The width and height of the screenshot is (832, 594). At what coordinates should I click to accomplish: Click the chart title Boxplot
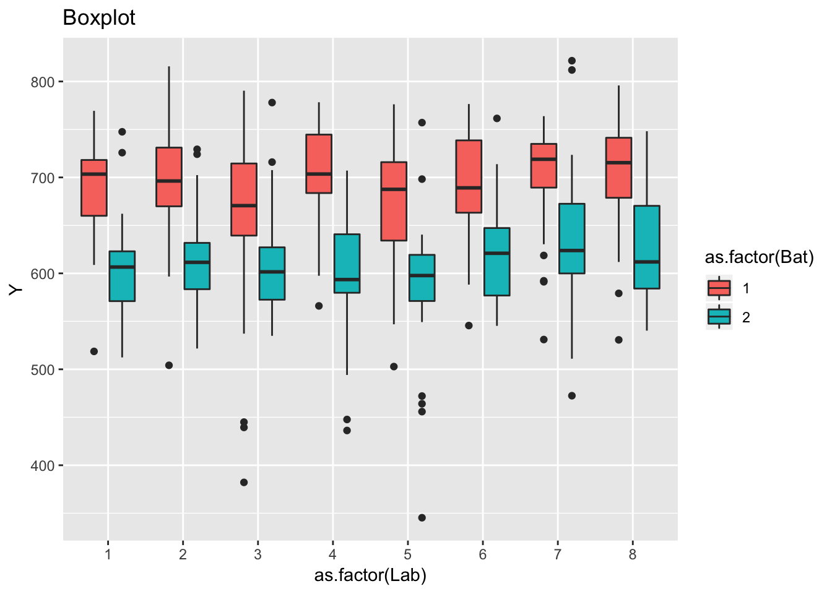pyautogui.click(x=99, y=18)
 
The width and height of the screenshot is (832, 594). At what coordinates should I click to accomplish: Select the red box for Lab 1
pyautogui.click(x=94, y=188)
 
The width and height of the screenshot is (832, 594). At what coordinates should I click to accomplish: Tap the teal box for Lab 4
pyautogui.click(x=347, y=264)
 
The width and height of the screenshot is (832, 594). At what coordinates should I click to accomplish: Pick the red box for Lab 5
pyautogui.click(x=394, y=201)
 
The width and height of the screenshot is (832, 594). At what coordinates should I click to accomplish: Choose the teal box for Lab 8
pyautogui.click(x=647, y=247)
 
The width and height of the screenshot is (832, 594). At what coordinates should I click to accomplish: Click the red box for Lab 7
pyautogui.click(x=544, y=166)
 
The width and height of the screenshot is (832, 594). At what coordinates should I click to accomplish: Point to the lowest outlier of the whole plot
pyautogui.click(x=422, y=518)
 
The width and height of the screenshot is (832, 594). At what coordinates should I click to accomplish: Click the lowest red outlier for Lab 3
pyautogui.click(x=244, y=483)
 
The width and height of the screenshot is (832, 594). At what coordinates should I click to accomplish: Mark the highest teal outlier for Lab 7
pyautogui.click(x=572, y=61)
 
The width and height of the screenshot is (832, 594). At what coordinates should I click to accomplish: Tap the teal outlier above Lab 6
pyautogui.click(x=496, y=118)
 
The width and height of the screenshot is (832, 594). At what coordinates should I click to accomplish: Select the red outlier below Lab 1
pyautogui.click(x=94, y=351)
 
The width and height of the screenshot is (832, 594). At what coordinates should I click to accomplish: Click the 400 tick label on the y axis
pyautogui.click(x=43, y=465)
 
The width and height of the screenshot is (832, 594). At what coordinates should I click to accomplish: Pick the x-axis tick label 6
pyautogui.click(x=483, y=554)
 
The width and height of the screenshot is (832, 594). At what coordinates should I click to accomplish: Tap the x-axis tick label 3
pyautogui.click(x=258, y=554)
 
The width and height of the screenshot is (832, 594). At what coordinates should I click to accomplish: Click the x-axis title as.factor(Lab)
pyautogui.click(x=370, y=575)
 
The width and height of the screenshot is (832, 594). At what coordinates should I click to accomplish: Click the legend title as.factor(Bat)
pyautogui.click(x=759, y=257)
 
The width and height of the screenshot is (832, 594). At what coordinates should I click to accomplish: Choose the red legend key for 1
pyautogui.click(x=719, y=288)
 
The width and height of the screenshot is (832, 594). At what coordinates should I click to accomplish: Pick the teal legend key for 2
pyautogui.click(x=719, y=317)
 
